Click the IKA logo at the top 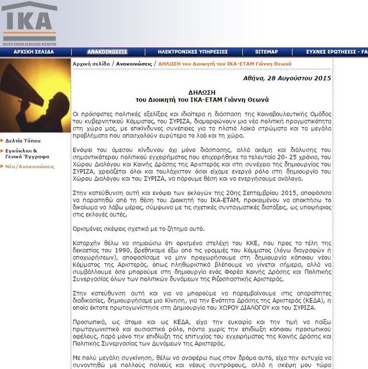29,24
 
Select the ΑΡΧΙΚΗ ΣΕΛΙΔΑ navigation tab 34,52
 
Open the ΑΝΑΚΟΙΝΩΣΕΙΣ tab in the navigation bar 107,52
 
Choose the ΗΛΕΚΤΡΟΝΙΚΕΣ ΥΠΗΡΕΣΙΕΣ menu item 193,52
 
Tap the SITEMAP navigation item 266,52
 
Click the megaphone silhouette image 35,95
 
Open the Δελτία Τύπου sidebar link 23,141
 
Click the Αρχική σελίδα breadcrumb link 91,64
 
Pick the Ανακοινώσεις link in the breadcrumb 135,64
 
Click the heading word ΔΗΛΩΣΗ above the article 202,92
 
